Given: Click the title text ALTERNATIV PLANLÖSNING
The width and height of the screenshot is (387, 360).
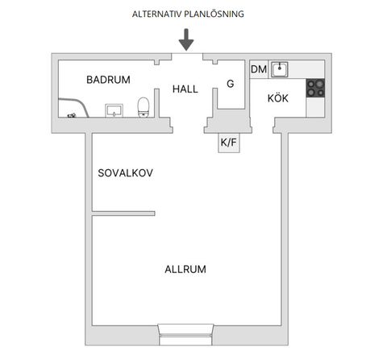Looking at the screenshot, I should click(187, 14).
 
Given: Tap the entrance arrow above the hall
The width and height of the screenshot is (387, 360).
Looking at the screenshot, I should click(186, 39).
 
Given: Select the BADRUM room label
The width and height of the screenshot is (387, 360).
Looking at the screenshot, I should click(108, 79).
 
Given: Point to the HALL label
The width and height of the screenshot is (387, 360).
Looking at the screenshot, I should click(185, 89).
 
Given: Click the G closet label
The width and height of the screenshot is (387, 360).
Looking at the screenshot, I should click(230, 84).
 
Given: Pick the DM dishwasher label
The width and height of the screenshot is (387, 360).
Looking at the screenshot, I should click(259, 70).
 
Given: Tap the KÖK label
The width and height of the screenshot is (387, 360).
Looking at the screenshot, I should click(277, 98).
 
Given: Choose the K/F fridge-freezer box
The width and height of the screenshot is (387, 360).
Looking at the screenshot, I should click(229, 143).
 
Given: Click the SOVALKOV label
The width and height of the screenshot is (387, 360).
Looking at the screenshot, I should click(125, 173).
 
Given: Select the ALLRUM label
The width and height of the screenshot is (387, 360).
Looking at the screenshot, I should click(185, 269).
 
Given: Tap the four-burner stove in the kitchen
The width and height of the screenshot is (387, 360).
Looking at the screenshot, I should click(314, 89).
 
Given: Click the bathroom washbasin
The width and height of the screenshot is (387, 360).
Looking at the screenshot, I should click(114, 109).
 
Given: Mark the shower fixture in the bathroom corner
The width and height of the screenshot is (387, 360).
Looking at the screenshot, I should click(72, 115).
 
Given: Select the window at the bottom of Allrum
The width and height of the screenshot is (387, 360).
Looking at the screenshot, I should click(185, 330).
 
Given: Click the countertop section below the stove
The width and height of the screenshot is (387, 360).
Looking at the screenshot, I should click(314, 109).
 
